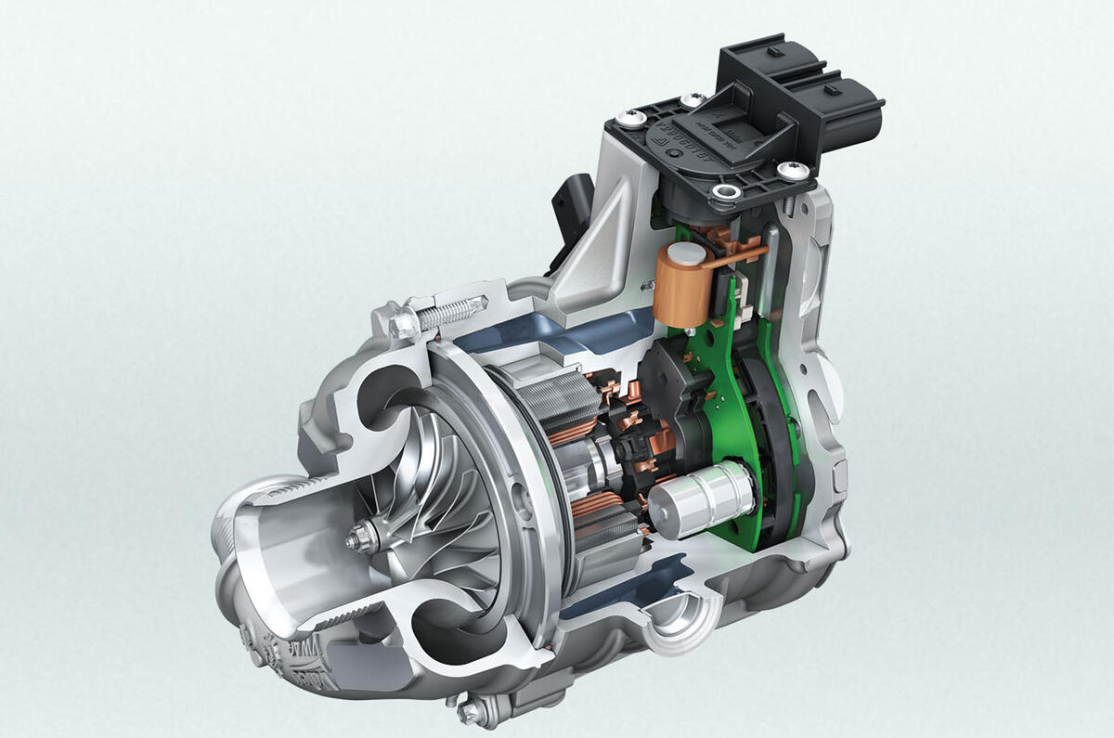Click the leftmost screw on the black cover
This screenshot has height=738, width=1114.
(x=631, y=120)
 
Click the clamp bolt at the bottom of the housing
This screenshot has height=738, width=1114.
(x=473, y=710)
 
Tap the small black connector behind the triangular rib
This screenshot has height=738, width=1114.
(x=567, y=205)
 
